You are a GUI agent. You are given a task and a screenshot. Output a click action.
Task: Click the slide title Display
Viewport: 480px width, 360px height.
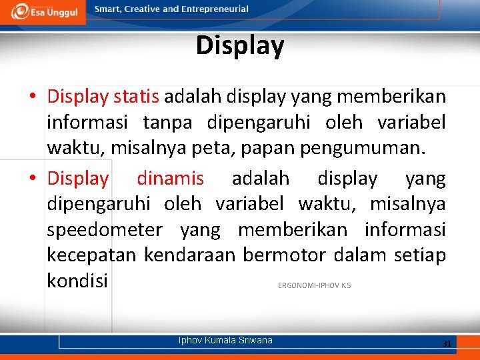point(240,45)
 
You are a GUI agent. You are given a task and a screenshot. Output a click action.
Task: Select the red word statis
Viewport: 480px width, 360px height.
point(136,97)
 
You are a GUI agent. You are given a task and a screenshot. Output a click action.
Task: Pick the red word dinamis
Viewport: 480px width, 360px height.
point(170,178)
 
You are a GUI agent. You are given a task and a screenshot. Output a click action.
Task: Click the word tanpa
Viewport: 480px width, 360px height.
point(167,123)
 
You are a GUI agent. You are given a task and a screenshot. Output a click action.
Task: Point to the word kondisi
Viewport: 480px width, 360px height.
point(77,281)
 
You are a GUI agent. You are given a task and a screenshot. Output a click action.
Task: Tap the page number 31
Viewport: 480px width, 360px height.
point(447,343)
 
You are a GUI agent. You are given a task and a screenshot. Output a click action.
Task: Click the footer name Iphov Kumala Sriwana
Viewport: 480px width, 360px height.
point(225,340)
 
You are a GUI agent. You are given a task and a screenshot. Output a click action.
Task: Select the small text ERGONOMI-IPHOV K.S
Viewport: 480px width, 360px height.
point(314,286)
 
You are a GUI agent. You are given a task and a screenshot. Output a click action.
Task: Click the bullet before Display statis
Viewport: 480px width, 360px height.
point(32,97)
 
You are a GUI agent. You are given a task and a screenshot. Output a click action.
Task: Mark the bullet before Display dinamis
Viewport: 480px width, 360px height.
point(32,179)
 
